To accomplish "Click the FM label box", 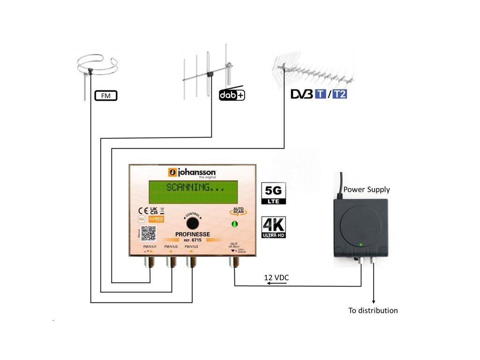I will click(105, 96).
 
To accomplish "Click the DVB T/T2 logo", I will click(319, 94).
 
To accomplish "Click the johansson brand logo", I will click(192, 172).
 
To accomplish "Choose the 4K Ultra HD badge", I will click(273, 227).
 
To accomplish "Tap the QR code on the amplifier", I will click(148, 233).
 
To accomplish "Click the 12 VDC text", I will click(277, 278).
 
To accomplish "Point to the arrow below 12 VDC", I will click(273, 284).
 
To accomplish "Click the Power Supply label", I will click(367, 190).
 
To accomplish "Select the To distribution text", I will click(373, 310).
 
